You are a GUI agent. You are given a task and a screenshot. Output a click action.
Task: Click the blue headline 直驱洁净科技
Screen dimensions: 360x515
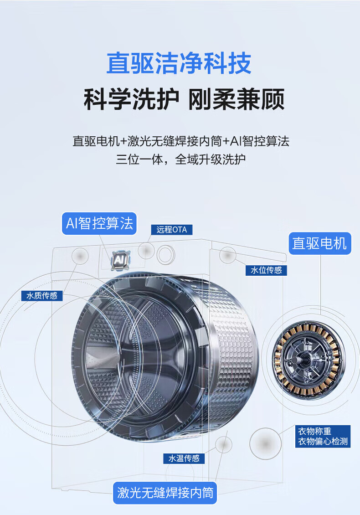(179, 63)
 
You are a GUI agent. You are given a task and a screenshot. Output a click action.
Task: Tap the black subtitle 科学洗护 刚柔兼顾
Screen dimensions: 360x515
(184, 99)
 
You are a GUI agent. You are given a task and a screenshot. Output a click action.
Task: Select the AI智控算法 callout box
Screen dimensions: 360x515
(99, 223)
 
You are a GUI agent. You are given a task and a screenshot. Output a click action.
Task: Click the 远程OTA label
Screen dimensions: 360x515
(171, 230)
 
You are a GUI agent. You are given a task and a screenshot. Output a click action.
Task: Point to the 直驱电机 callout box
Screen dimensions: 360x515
(320, 243)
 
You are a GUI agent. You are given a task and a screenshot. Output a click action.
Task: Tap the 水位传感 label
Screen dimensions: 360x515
(266, 270)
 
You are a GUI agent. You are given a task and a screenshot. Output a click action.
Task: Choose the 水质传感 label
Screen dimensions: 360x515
(42, 296)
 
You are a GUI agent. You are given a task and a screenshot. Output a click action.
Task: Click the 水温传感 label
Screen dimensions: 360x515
(184, 458)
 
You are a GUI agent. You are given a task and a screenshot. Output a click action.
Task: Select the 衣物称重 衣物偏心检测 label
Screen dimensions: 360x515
(323, 436)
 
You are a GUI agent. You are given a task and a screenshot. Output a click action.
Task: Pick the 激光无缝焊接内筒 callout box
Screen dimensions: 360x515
(165, 493)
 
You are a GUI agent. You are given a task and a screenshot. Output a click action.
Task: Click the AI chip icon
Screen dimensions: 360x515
(119, 260)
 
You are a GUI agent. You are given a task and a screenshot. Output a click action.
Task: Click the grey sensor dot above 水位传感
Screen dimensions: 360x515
(227, 255)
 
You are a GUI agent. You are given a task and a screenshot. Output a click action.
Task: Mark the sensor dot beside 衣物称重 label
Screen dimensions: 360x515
(265, 443)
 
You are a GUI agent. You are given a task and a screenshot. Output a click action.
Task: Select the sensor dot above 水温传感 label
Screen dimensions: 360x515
(224, 445)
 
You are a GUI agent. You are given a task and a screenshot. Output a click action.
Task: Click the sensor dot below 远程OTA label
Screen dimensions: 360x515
(146, 251)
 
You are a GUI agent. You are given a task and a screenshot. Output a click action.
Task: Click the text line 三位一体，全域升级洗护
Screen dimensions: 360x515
(180, 160)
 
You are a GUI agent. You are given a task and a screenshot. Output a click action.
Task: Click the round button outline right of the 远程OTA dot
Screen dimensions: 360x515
(165, 254)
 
